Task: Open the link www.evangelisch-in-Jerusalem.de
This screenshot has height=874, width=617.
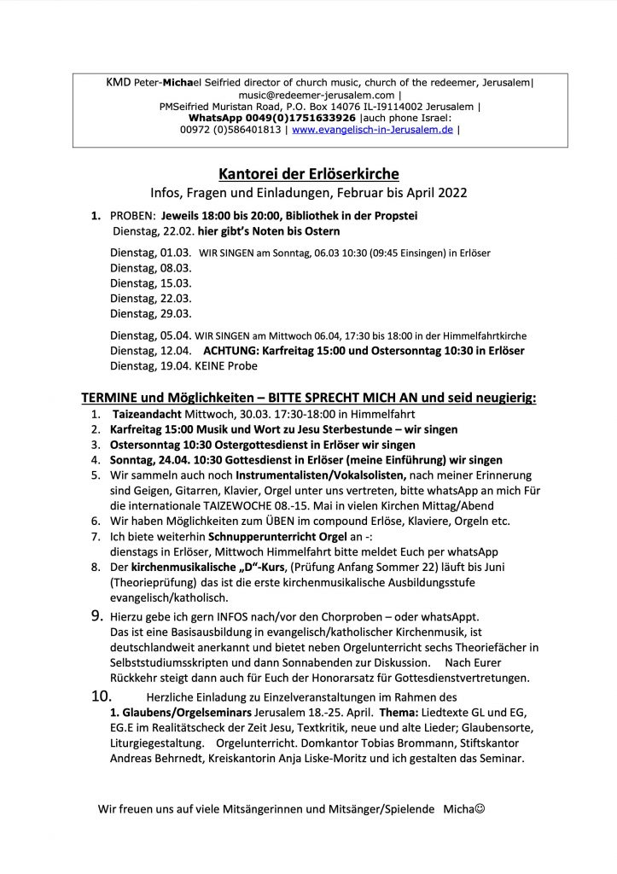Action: click(372, 130)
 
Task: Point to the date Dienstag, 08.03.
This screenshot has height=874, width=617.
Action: click(150, 267)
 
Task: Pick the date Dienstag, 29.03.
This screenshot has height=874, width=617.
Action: click(150, 313)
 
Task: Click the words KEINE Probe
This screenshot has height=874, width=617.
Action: click(226, 365)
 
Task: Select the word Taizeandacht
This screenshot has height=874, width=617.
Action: click(146, 413)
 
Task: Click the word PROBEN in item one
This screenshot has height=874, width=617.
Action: click(132, 216)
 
